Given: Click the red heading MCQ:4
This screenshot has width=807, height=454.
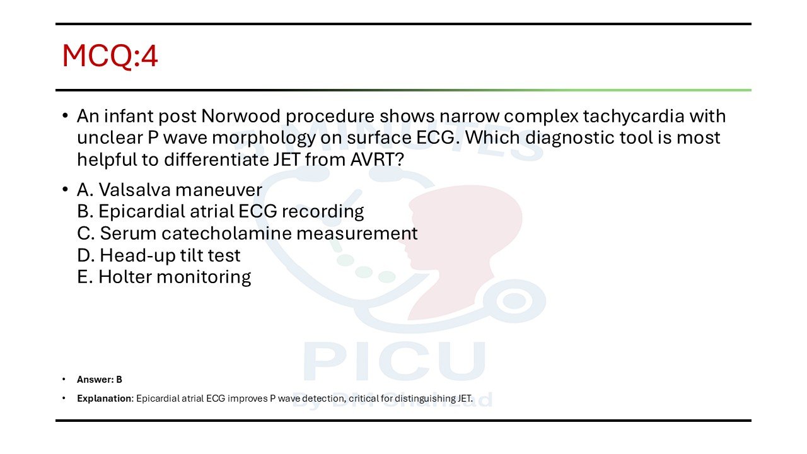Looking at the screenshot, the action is (x=110, y=56).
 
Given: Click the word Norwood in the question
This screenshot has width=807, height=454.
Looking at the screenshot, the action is (x=241, y=116).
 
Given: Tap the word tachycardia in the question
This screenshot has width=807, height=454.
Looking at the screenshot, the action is (x=634, y=117).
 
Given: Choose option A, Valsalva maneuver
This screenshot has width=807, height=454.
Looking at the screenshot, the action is (x=170, y=190).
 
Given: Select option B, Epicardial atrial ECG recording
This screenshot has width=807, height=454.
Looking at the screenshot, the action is (x=221, y=211).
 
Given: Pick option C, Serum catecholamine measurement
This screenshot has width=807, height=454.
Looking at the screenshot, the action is (x=247, y=233).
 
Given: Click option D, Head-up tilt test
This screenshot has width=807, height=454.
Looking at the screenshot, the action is (x=158, y=255).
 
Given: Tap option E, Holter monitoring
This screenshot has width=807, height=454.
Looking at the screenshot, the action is (x=164, y=277).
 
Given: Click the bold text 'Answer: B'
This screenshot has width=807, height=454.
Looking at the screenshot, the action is (x=100, y=380).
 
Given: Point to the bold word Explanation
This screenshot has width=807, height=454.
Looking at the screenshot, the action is (x=104, y=399).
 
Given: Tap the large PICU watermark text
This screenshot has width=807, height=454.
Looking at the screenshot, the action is (x=395, y=361).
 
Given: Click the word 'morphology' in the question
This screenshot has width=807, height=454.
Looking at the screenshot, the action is (x=264, y=138).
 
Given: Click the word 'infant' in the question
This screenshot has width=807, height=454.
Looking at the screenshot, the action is (x=129, y=116).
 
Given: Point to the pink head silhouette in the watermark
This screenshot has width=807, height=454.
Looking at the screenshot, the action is (x=465, y=248).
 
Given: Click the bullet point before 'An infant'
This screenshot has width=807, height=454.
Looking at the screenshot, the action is (x=65, y=115).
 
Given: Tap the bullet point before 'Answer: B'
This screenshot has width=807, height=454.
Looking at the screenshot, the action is (x=64, y=379).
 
